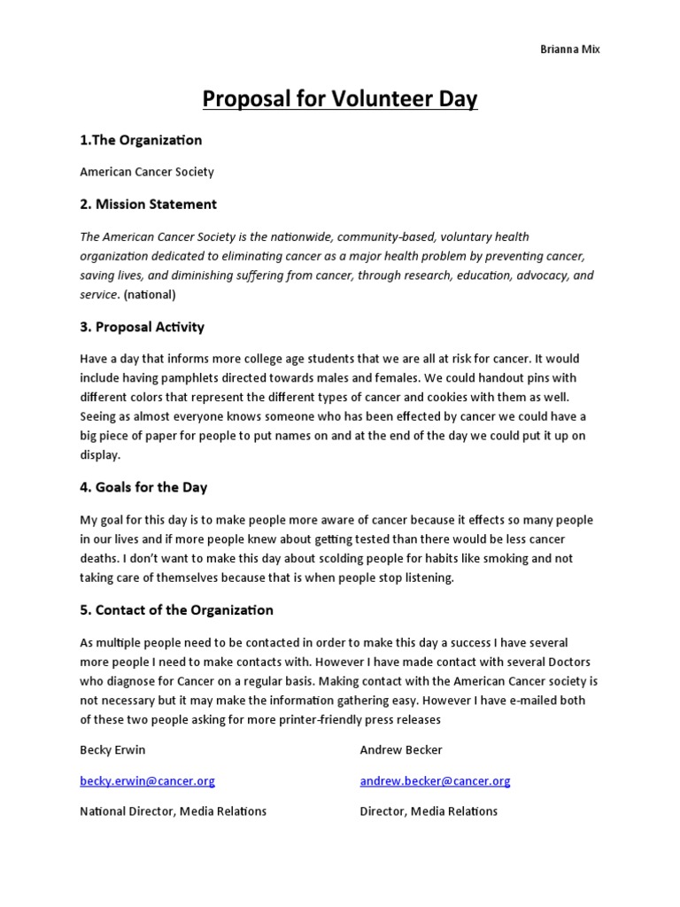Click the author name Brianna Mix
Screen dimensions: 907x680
(570, 50)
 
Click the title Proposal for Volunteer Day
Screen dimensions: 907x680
(340, 99)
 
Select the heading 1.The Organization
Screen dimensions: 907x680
(141, 140)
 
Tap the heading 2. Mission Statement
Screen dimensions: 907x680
(148, 204)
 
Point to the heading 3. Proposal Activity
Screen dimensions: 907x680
(142, 327)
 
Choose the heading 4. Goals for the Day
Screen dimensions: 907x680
(143, 487)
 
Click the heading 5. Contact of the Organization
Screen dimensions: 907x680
(176, 610)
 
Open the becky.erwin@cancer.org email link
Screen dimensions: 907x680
(147, 781)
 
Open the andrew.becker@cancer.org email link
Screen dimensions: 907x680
(435, 781)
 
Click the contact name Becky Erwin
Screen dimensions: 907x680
(112, 749)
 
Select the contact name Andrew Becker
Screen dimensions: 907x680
(401, 749)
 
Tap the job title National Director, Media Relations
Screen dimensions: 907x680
(173, 811)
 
